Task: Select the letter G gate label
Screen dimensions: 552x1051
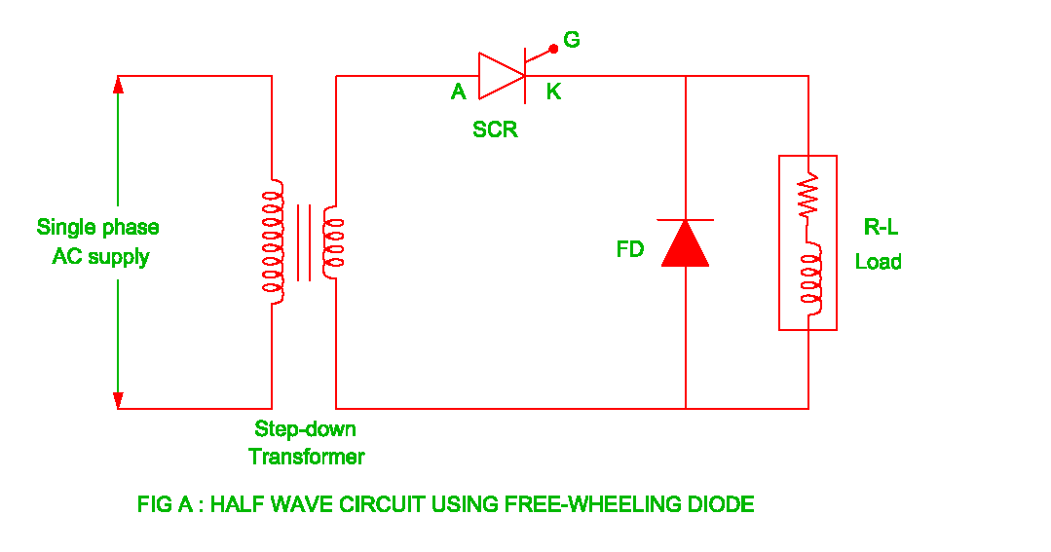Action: tap(572, 40)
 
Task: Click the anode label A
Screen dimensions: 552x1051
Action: tap(458, 92)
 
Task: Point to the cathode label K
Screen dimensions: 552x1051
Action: tap(553, 92)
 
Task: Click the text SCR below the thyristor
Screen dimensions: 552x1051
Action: tap(495, 129)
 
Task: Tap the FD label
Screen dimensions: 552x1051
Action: tap(630, 249)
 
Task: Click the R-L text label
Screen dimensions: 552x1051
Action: tap(881, 228)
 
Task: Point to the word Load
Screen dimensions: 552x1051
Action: tap(879, 262)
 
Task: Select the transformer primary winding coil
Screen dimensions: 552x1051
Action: tap(272, 240)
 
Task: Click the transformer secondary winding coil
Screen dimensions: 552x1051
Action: tap(334, 243)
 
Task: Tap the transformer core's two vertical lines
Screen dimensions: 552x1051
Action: tap(304, 242)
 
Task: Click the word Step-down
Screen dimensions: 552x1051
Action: tap(305, 428)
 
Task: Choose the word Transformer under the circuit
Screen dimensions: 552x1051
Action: tap(306, 457)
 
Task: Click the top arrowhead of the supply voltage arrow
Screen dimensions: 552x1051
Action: tap(118, 84)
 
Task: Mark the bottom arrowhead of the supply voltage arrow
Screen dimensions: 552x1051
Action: tap(118, 399)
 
